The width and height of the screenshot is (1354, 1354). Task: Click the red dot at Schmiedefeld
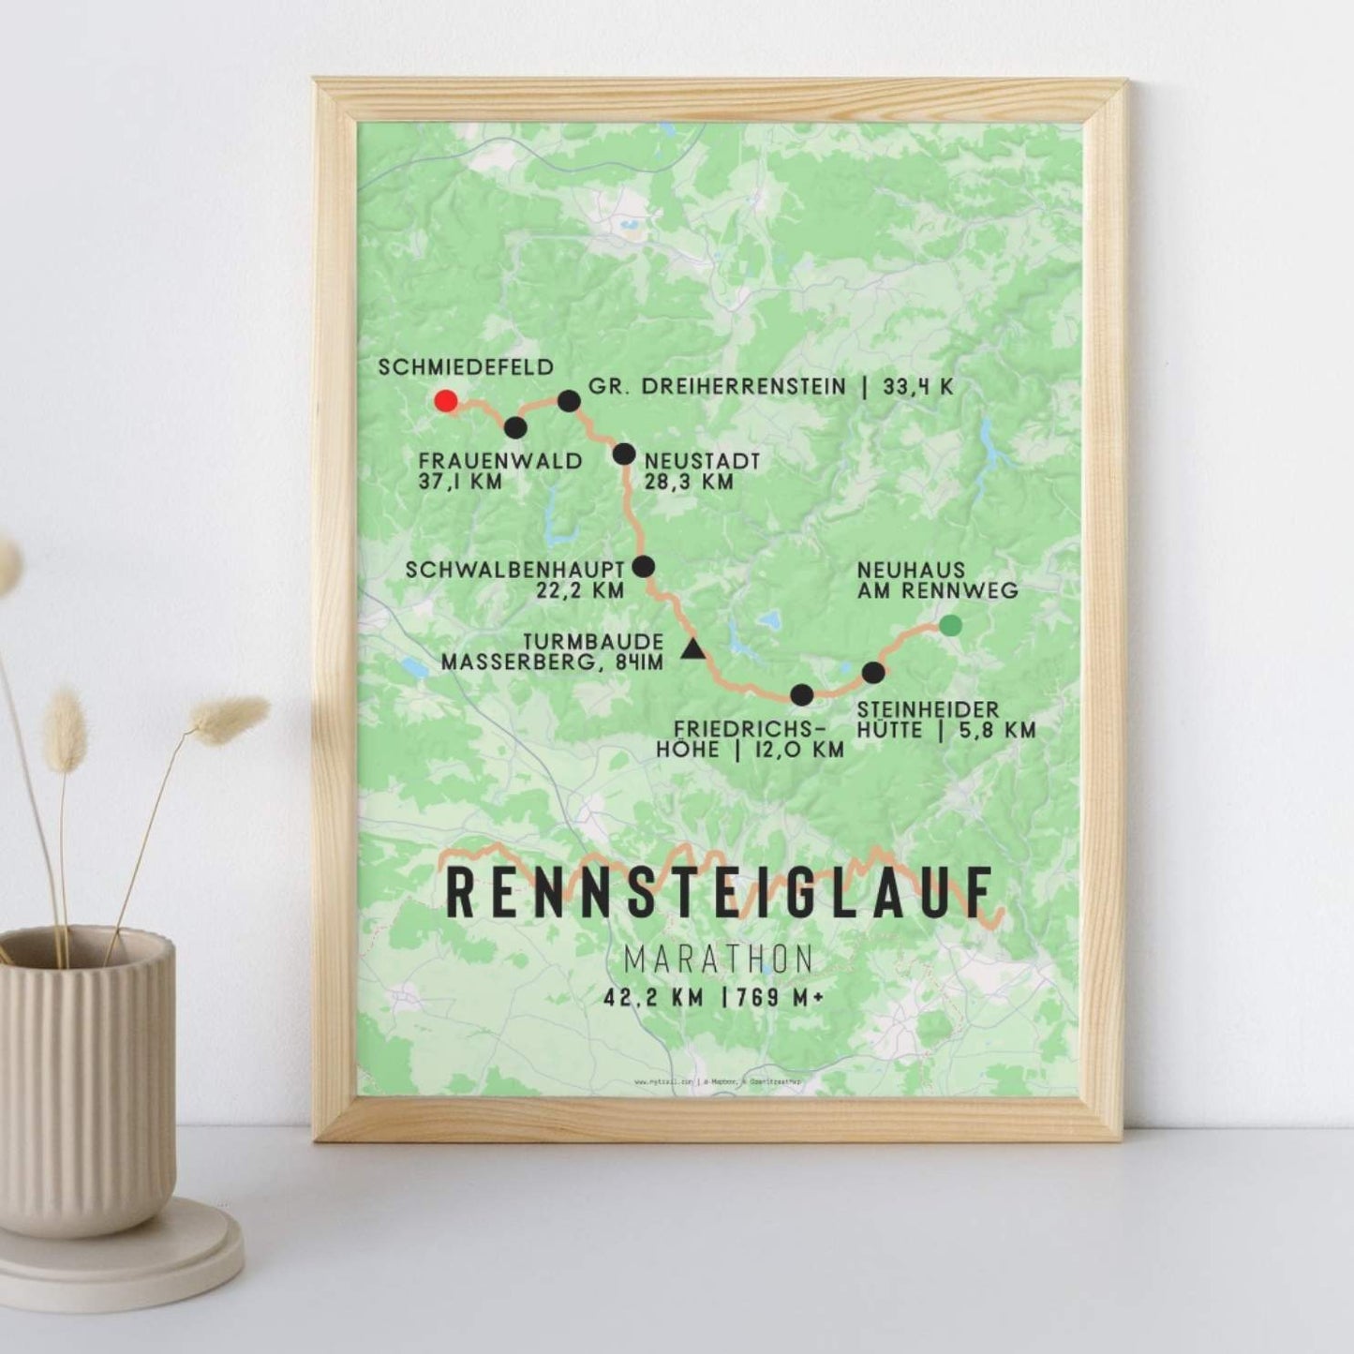pyautogui.click(x=446, y=401)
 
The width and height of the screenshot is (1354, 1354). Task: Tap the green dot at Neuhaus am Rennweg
pyautogui.click(x=950, y=625)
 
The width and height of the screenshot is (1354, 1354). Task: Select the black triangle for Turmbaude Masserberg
pyautogui.click(x=692, y=649)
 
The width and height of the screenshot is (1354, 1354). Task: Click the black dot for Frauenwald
pyautogui.click(x=515, y=428)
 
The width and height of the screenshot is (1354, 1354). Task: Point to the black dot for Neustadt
pyautogui.click(x=624, y=454)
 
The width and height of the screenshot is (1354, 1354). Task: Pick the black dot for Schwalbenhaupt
pyautogui.click(x=644, y=566)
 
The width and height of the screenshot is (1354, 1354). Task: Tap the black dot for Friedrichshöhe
pyautogui.click(x=802, y=694)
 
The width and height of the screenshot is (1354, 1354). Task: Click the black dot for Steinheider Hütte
pyautogui.click(x=872, y=672)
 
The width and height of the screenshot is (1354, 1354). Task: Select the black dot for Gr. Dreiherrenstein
pyautogui.click(x=569, y=401)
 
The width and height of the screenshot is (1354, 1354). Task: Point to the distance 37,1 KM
pyautogui.click(x=462, y=482)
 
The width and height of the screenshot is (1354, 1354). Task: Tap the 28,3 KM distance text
pyautogui.click(x=689, y=482)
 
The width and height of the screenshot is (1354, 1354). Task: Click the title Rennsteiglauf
pyautogui.click(x=720, y=894)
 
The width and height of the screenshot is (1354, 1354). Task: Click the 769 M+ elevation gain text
pyautogui.click(x=773, y=999)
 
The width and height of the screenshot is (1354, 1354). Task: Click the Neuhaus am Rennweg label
pyautogui.click(x=937, y=581)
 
